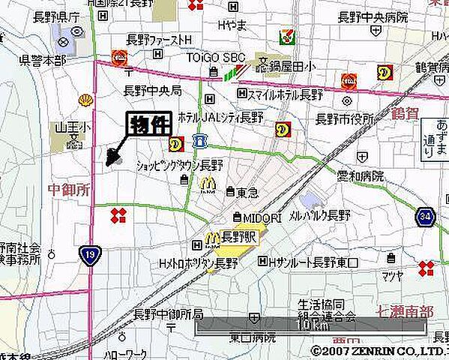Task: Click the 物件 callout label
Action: coord(151,124)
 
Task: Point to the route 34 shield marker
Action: coord(425,217)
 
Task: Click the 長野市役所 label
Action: coord(344,118)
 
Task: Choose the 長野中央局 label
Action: coord(152,91)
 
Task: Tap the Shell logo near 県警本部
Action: coord(86,99)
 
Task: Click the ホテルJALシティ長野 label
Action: coord(231,117)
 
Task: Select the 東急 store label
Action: coord(247,192)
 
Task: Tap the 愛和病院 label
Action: coord(360,177)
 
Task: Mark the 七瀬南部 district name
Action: coord(404,309)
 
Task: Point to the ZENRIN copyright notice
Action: coord(379,350)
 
